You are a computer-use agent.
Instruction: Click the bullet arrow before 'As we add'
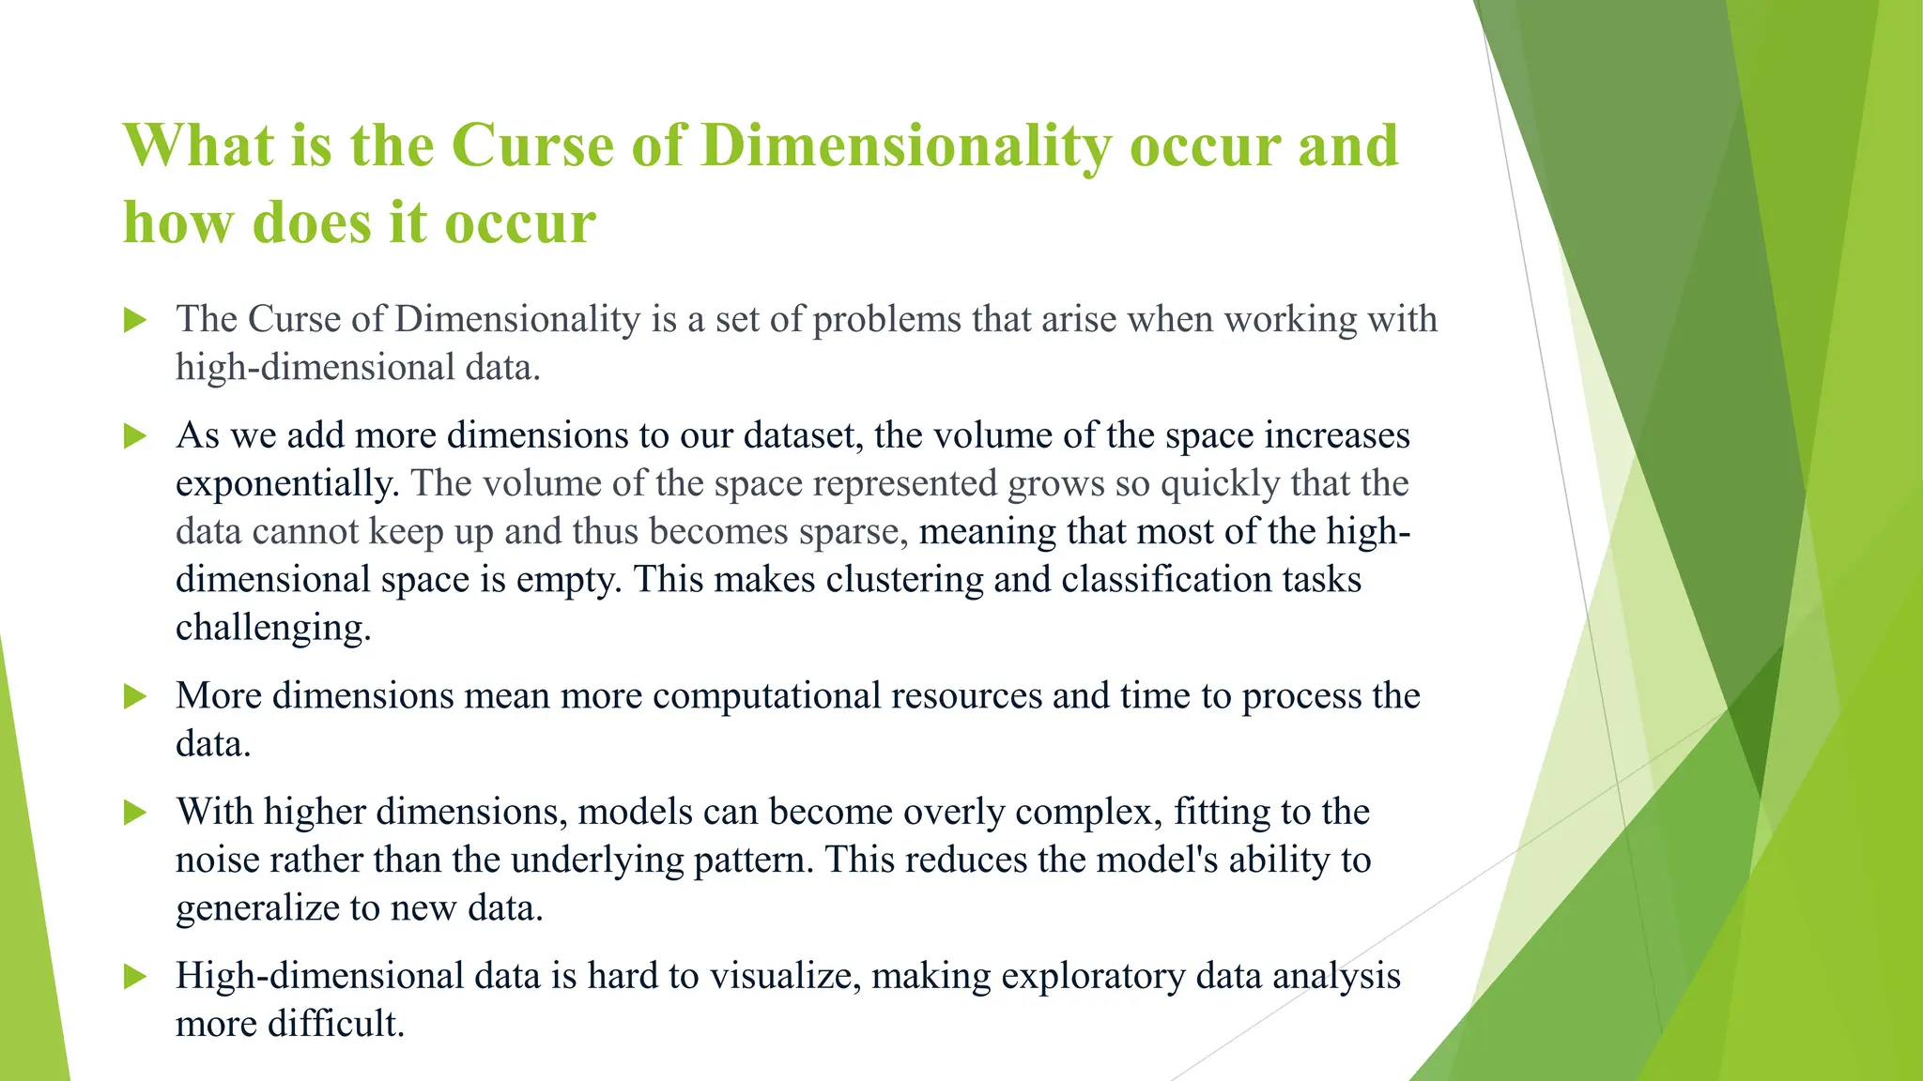(135, 435)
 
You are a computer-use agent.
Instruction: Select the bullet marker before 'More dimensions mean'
(135, 696)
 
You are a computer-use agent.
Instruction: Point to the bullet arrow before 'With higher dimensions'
(135, 812)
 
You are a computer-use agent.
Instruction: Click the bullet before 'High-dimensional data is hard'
(135, 977)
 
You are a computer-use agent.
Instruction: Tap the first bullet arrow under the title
(135, 320)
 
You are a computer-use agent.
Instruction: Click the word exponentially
(287, 484)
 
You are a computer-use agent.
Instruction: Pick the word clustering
(904, 580)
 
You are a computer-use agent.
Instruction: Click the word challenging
(272, 628)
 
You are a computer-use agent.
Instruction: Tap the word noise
(217, 860)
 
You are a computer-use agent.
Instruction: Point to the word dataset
(803, 435)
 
